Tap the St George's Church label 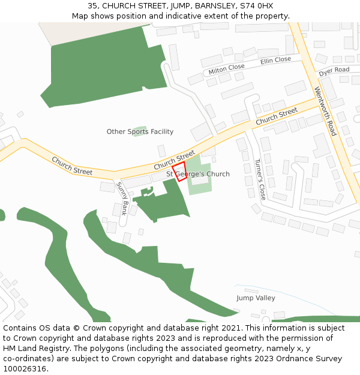pos(198,175)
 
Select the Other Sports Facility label pos(140,132)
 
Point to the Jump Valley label pos(256,298)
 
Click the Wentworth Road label pos(326,111)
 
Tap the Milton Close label pos(226,70)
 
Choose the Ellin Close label pos(275,61)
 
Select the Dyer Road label pos(334,71)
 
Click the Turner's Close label pos(259,179)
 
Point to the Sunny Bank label pos(122,199)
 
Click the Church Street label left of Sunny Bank pos(72,166)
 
